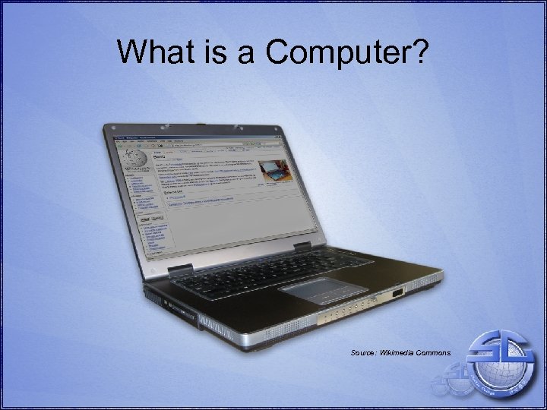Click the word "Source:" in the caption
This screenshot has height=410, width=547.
tap(365, 353)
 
